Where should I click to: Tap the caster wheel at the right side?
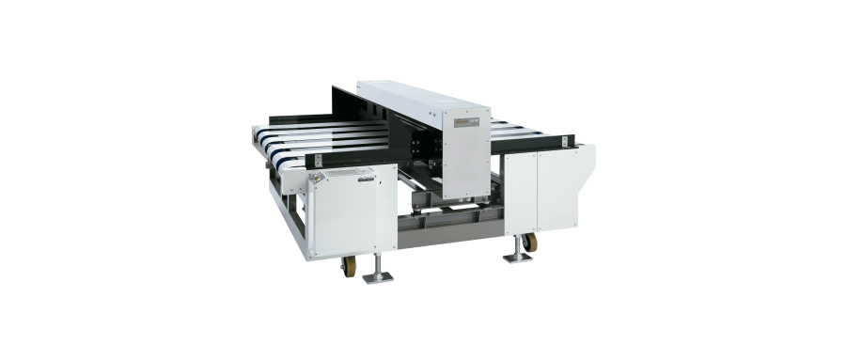point(532,243)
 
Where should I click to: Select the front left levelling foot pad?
point(378,278)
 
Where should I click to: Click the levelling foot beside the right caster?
point(518,255)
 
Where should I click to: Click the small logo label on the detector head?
point(467,121)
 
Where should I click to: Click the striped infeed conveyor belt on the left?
point(310,143)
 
